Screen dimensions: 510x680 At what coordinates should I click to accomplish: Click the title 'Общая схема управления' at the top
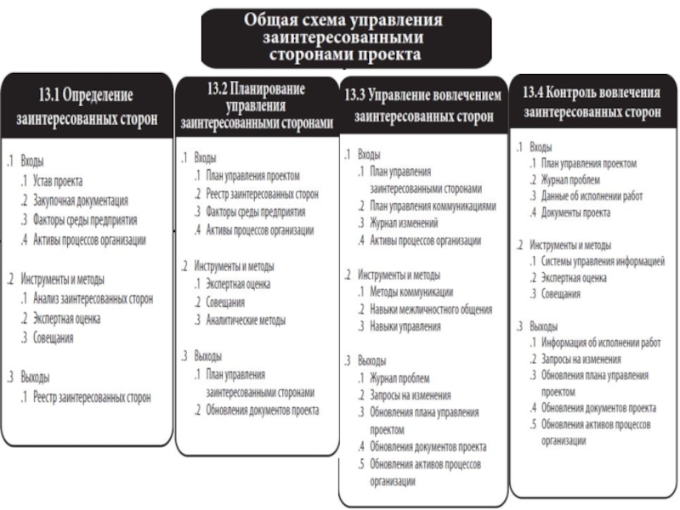[x=344, y=20]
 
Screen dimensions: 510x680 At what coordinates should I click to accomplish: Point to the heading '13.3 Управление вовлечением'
[x=422, y=104]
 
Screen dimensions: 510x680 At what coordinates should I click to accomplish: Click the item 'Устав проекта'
[x=59, y=181]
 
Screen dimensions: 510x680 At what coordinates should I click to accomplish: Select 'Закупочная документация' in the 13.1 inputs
[x=81, y=201]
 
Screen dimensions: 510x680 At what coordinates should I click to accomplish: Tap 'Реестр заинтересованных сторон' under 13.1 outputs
[x=93, y=397]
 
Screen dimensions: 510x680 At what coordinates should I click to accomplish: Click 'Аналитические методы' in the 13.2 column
[x=245, y=320]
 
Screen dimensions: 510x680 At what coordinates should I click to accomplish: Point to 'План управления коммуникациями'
[x=433, y=206]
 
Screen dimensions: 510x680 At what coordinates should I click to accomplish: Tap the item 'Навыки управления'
[x=405, y=326]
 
